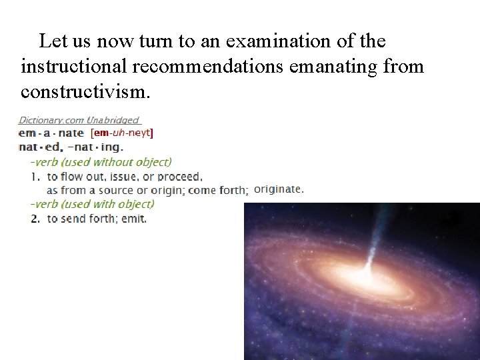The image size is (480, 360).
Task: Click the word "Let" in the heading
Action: pyautogui.click(x=51, y=41)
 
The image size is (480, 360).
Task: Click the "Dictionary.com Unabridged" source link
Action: pyautogui.click(x=79, y=121)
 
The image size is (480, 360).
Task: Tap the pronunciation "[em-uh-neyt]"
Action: pyautogui.click(x=121, y=133)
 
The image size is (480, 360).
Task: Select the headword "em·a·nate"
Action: pyautogui.click(x=51, y=133)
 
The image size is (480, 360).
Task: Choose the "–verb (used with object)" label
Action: pyautogui.click(x=91, y=205)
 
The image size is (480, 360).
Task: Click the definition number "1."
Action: pyautogui.click(x=35, y=177)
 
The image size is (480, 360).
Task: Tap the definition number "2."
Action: pyautogui.click(x=35, y=219)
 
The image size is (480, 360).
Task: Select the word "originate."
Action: pyautogui.click(x=279, y=189)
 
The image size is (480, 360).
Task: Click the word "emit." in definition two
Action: pyautogui.click(x=134, y=219)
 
